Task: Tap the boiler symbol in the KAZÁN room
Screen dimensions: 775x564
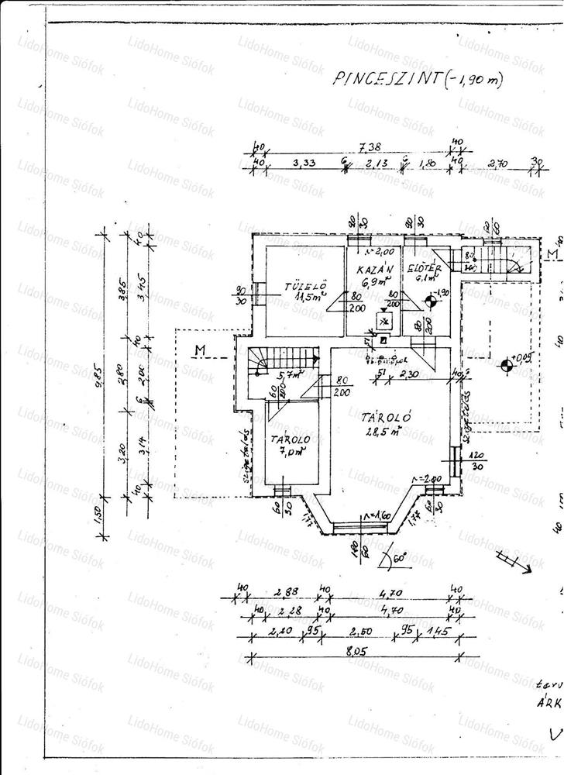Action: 383,321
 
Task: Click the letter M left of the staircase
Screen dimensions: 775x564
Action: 200,351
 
